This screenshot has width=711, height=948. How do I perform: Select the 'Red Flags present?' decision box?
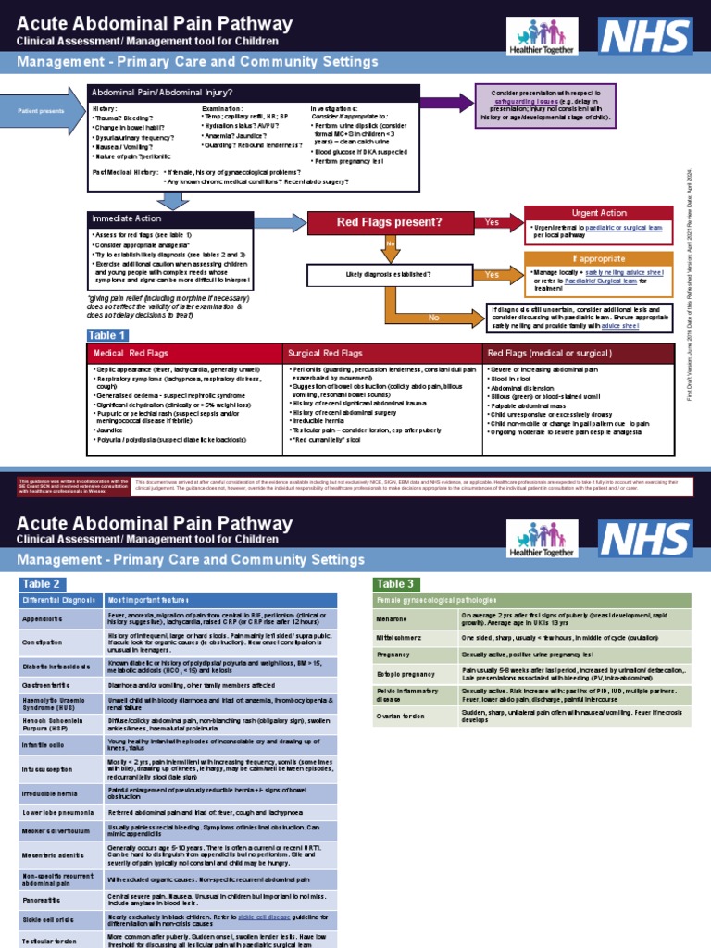(389, 222)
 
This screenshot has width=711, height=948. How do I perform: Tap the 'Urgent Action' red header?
(599, 213)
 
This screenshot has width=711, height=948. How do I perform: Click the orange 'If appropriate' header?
(599, 258)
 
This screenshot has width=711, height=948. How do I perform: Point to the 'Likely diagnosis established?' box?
(388, 275)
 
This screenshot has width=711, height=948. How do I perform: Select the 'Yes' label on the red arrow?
(492, 222)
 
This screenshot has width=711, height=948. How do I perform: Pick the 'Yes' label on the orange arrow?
(492, 275)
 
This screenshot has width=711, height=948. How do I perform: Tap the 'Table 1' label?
(106, 335)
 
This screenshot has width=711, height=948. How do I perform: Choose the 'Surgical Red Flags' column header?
(325, 354)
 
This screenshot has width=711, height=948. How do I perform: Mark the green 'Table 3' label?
(396, 583)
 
